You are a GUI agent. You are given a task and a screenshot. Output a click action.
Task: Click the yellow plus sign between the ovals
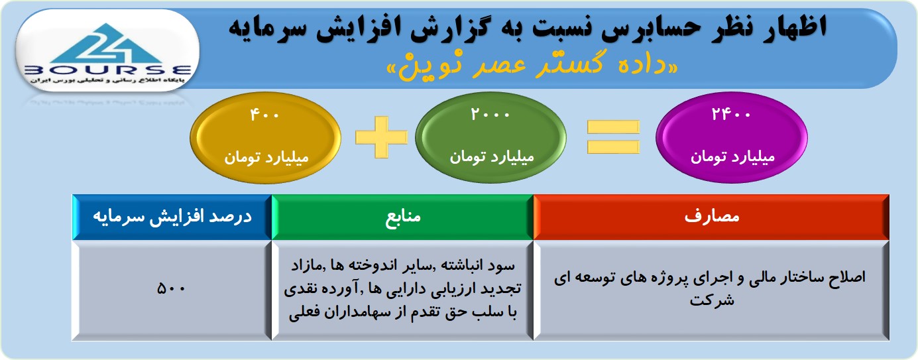point(382,137)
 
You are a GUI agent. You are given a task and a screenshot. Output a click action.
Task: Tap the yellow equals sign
point(614,137)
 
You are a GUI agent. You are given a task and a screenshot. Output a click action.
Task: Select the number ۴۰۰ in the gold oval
point(264,115)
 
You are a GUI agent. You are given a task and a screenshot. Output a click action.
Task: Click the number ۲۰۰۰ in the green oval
point(490,113)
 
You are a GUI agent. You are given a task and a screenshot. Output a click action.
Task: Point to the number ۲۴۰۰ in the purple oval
point(731,113)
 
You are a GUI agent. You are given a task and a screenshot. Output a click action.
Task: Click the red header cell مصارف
point(711,217)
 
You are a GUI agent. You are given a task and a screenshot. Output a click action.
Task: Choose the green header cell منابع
point(402,217)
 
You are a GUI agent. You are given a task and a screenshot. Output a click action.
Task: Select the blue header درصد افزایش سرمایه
point(172,217)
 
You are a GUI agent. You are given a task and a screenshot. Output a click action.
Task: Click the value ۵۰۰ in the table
point(171,288)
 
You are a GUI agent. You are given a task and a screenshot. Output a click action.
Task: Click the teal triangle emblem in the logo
point(107,44)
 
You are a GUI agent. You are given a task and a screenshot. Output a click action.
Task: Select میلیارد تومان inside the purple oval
point(732,157)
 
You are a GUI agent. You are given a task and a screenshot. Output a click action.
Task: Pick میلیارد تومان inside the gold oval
point(266,157)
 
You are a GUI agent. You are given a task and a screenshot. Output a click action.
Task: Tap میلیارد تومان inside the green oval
point(492,156)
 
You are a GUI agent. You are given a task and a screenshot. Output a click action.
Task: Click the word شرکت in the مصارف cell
point(712,300)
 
